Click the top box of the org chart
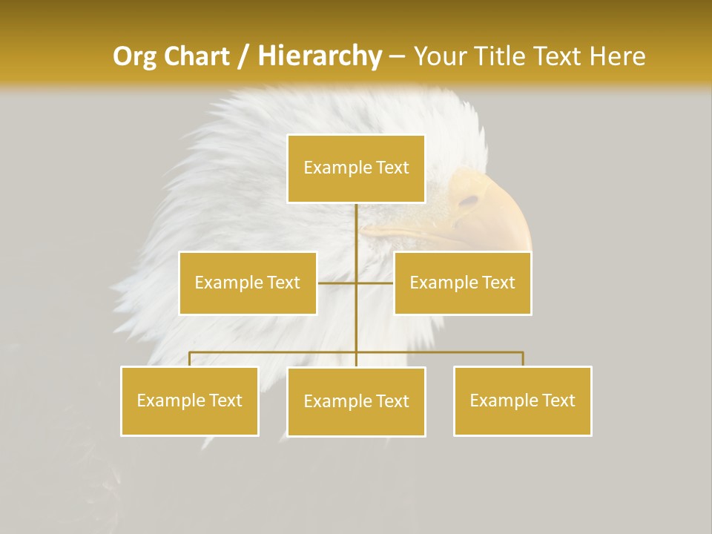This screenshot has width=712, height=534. click(356, 168)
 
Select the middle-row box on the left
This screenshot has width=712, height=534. click(248, 283)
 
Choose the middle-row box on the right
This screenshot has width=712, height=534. click(462, 283)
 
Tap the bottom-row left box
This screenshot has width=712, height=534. click(190, 400)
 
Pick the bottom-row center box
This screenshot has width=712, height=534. click(356, 401)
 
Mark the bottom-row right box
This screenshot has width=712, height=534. click(522, 400)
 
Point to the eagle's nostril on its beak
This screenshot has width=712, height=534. click(469, 200)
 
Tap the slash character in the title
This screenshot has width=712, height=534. click(243, 56)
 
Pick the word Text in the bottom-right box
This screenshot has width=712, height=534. click(557, 400)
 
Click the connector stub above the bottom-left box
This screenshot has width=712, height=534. click(190, 359)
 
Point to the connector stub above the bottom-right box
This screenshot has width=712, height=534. click(523, 359)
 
